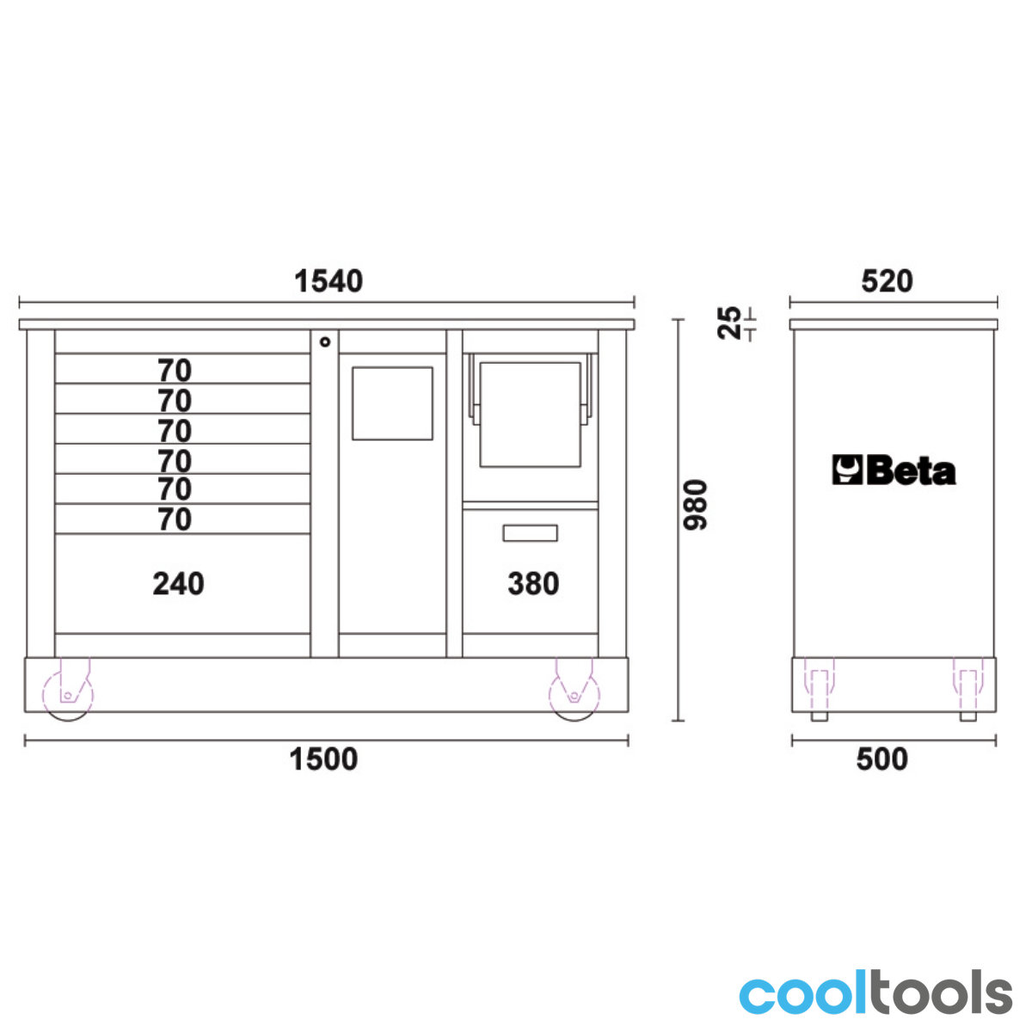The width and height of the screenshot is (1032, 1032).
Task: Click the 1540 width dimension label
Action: [x=329, y=281]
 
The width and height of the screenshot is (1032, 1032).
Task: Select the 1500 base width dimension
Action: [x=323, y=759]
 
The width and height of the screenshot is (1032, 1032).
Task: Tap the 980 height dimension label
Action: [x=696, y=505]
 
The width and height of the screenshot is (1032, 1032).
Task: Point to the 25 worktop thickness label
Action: [x=729, y=323]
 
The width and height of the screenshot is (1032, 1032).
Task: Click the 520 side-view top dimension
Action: [x=887, y=281]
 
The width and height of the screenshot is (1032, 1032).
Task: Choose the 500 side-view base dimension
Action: [x=882, y=759]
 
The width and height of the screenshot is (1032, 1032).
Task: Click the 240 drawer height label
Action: [x=178, y=583]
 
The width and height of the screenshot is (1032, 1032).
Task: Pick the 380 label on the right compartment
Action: [x=533, y=583]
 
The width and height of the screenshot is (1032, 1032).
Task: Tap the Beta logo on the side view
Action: [x=894, y=470]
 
